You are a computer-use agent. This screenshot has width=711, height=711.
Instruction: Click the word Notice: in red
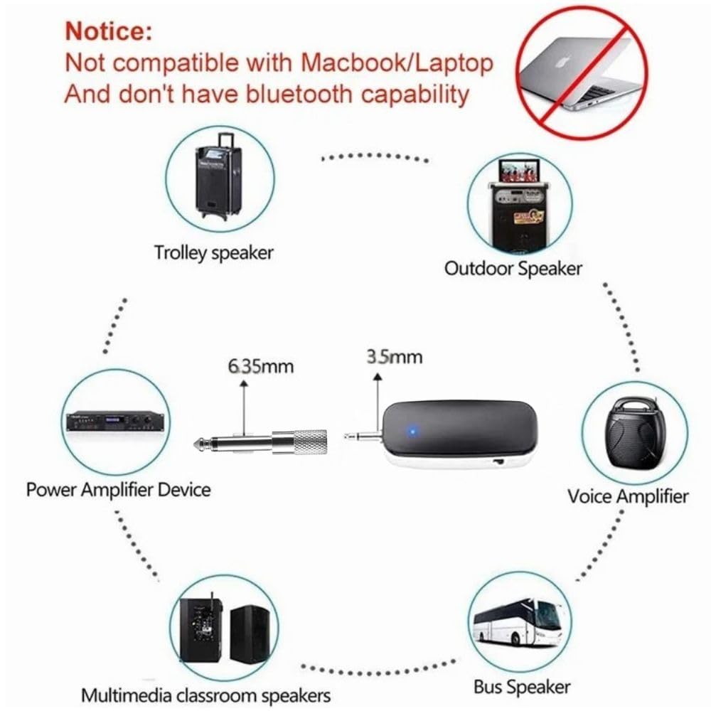109,31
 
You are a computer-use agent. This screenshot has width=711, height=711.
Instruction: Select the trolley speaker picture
220,178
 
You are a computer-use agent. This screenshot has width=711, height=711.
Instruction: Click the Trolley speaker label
213,252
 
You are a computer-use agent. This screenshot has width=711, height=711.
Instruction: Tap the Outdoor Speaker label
513,268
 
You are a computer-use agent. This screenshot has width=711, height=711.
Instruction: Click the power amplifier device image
115,422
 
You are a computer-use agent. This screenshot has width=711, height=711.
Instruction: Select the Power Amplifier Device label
118,490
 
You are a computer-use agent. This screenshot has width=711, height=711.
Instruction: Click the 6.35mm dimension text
261,366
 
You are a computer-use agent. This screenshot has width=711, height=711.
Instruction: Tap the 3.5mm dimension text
395,357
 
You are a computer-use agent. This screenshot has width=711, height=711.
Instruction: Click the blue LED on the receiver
412,431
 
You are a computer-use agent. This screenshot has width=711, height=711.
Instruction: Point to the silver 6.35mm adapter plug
261,442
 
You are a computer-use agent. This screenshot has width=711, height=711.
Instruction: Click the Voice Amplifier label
628,496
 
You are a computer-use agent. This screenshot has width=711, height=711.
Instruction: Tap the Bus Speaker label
522,687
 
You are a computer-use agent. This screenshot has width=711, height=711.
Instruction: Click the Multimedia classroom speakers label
206,695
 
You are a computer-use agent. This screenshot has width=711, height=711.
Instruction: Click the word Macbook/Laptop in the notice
397,63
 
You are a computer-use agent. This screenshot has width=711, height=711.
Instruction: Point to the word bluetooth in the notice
299,94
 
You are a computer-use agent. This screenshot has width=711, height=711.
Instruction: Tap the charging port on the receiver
499,462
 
